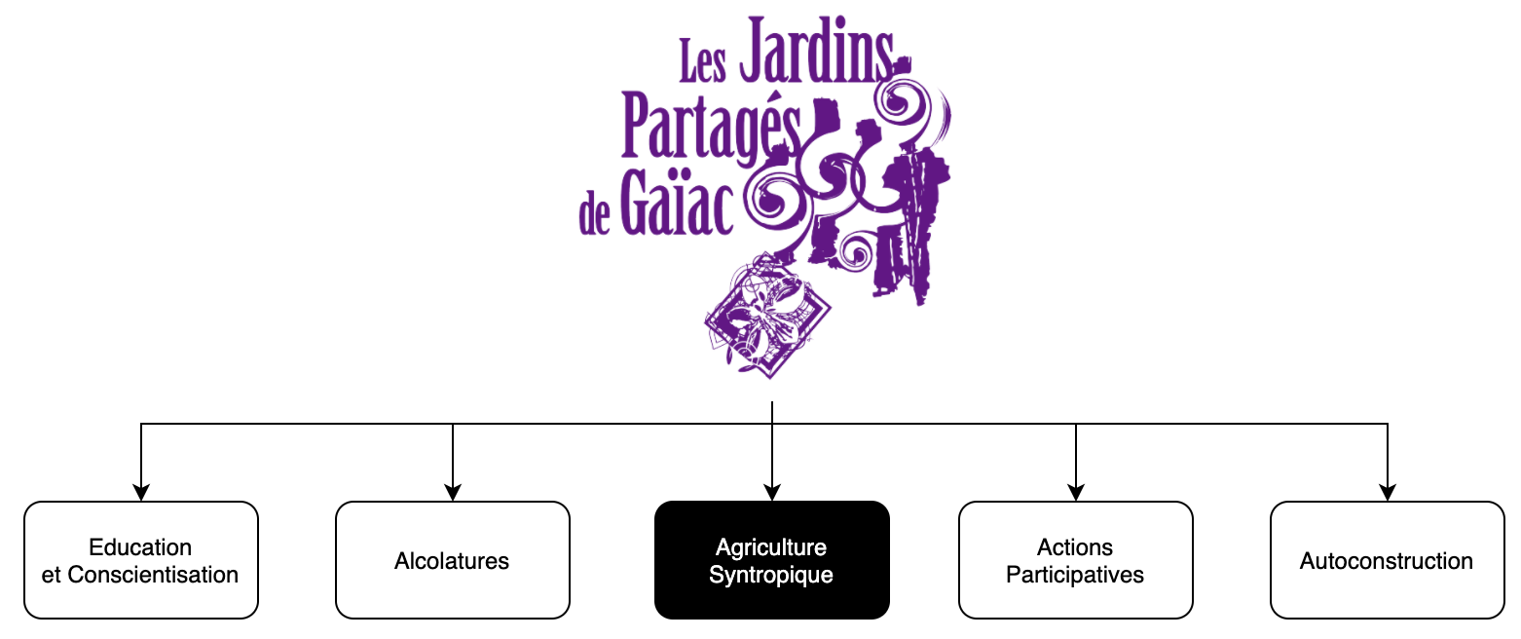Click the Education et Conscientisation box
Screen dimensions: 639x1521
tap(140, 560)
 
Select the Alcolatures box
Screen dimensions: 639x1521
tap(452, 560)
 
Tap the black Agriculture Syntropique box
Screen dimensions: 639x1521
tap(771, 560)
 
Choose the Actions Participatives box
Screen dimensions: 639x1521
tap(1075, 560)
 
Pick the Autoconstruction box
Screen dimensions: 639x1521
tap(1387, 560)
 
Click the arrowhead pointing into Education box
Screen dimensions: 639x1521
tap(141, 493)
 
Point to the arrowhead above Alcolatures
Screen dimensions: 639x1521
tap(453, 493)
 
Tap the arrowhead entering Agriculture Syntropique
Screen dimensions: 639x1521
tap(772, 493)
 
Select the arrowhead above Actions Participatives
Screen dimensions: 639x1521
tap(1076, 493)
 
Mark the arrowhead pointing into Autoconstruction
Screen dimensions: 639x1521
tap(1388, 493)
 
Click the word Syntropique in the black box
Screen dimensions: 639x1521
tap(771, 575)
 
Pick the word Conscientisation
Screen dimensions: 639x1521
tap(153, 575)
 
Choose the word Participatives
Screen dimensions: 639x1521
tap(1075, 575)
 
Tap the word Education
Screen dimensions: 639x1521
tap(140, 546)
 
